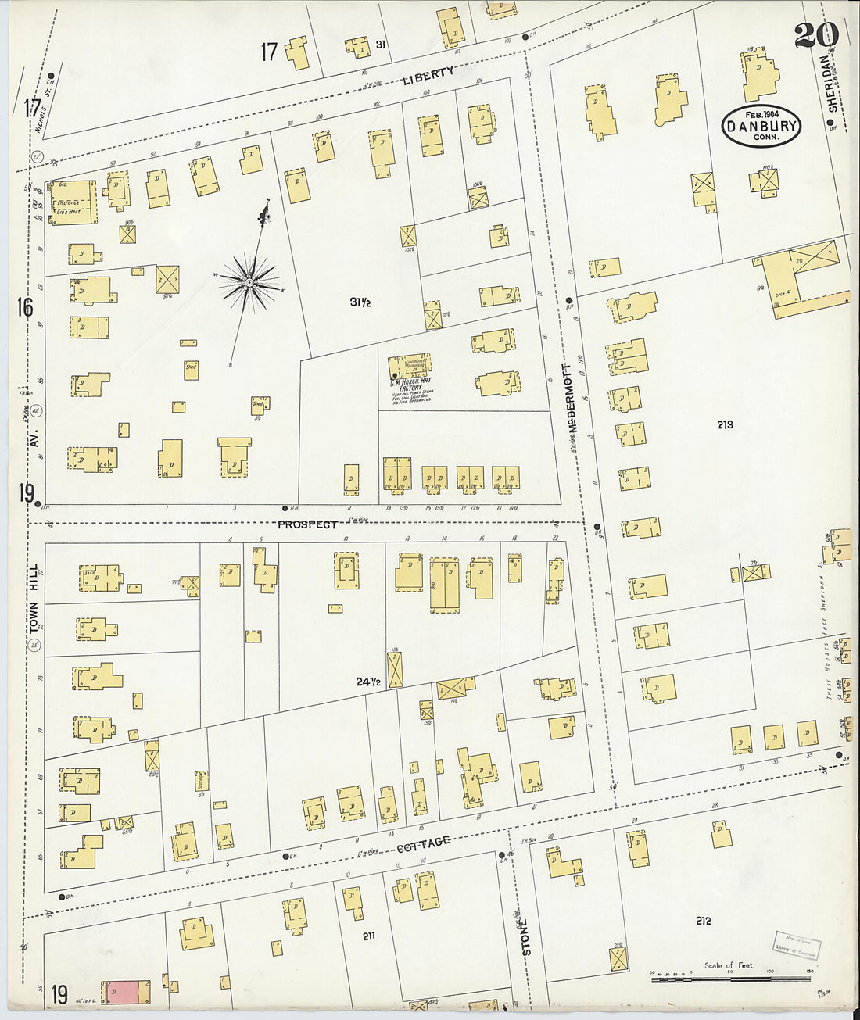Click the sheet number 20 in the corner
click(817, 34)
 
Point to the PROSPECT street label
click(307, 524)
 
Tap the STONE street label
click(525, 936)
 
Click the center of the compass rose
click(249, 282)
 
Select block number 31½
click(360, 301)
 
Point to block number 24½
click(368, 682)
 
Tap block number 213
click(724, 425)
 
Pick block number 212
click(703, 921)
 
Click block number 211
click(368, 935)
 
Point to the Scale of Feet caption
click(729, 965)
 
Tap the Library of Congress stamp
click(795, 944)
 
